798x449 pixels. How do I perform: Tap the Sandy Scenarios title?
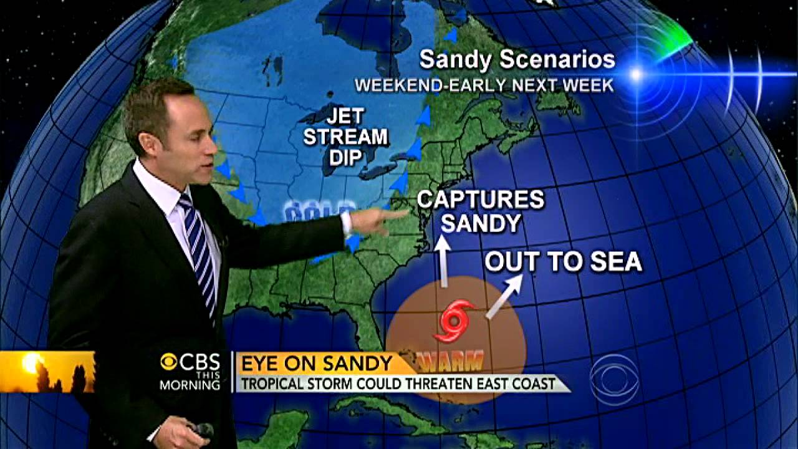517,60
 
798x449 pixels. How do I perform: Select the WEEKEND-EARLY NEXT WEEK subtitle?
484,85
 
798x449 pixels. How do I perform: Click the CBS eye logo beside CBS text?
169,362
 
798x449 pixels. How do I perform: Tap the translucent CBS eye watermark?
614,379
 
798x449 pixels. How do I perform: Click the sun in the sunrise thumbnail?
31,362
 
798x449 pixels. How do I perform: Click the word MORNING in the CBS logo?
190,385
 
